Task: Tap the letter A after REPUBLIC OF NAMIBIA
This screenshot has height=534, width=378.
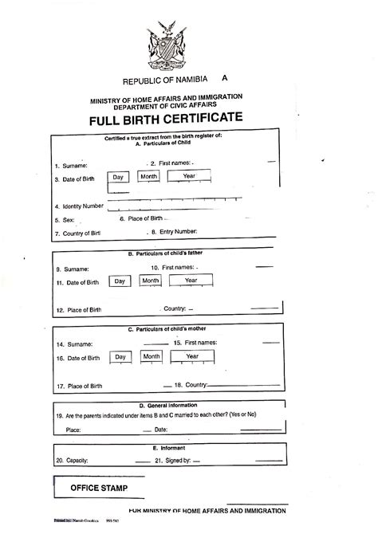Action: (225, 79)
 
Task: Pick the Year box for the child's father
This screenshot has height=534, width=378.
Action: (191, 281)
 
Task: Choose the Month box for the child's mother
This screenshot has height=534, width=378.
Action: (151, 356)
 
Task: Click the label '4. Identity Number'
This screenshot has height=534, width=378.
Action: (79, 206)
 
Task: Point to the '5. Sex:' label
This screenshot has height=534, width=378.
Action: (64, 219)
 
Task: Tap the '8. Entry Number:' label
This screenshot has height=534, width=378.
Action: (173, 232)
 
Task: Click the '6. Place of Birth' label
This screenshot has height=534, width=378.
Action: (140, 218)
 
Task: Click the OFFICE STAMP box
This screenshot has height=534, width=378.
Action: (98, 487)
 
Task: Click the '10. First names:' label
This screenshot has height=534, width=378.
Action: (182, 268)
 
